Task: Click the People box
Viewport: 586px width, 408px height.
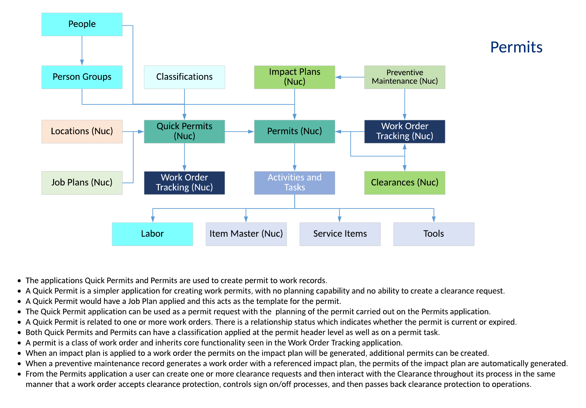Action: pyautogui.click(x=82, y=24)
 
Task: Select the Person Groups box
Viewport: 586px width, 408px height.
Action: pyautogui.click(x=82, y=77)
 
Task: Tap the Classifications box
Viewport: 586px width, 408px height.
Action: pyautogui.click(x=184, y=77)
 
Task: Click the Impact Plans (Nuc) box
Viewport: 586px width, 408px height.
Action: pyautogui.click(x=295, y=77)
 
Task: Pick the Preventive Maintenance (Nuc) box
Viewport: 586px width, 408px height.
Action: pyautogui.click(x=405, y=77)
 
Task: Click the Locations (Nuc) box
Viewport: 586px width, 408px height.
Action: pyautogui.click(x=82, y=131)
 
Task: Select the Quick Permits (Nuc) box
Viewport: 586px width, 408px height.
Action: pyautogui.click(x=184, y=131)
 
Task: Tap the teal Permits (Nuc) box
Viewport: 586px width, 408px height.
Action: pyautogui.click(x=295, y=131)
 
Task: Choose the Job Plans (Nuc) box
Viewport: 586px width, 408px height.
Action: pyautogui.click(x=82, y=183)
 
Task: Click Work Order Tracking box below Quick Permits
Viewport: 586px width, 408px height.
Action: pyautogui.click(x=184, y=183)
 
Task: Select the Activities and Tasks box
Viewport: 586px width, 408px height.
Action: pyautogui.click(x=295, y=183)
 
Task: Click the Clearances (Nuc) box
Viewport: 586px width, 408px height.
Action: pyautogui.click(x=405, y=183)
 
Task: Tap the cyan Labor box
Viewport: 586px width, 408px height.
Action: pyautogui.click(x=152, y=234)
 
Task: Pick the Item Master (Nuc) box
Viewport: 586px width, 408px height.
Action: pyautogui.click(x=246, y=234)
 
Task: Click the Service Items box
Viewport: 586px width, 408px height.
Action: pyautogui.click(x=340, y=234)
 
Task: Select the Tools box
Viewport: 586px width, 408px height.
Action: pyautogui.click(x=434, y=234)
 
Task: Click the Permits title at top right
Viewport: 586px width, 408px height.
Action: pyautogui.click(x=516, y=47)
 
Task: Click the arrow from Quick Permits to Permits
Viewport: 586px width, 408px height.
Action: pyautogui.click(x=239, y=132)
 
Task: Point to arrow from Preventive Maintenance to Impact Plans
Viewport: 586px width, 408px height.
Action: pyautogui.click(x=350, y=77)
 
